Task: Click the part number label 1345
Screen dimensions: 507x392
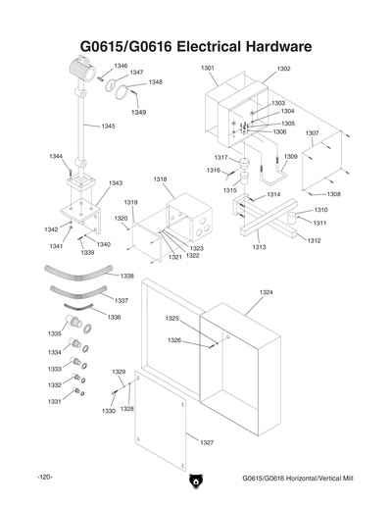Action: click(x=108, y=127)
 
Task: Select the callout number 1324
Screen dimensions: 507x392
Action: click(x=266, y=292)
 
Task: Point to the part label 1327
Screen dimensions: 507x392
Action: click(x=206, y=442)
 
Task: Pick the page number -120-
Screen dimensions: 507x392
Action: click(x=43, y=478)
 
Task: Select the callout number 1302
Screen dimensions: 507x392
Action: click(x=283, y=69)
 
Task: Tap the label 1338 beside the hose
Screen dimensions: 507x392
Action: click(x=126, y=276)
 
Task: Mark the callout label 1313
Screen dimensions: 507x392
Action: click(x=259, y=248)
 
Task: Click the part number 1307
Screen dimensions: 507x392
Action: click(x=312, y=132)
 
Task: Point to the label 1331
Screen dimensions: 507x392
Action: click(x=55, y=402)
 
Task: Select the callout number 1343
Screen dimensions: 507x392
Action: click(x=115, y=183)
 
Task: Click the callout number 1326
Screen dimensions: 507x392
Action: click(x=173, y=340)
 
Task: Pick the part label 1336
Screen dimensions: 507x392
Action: click(x=114, y=318)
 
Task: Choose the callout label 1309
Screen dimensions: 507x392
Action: click(x=290, y=156)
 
